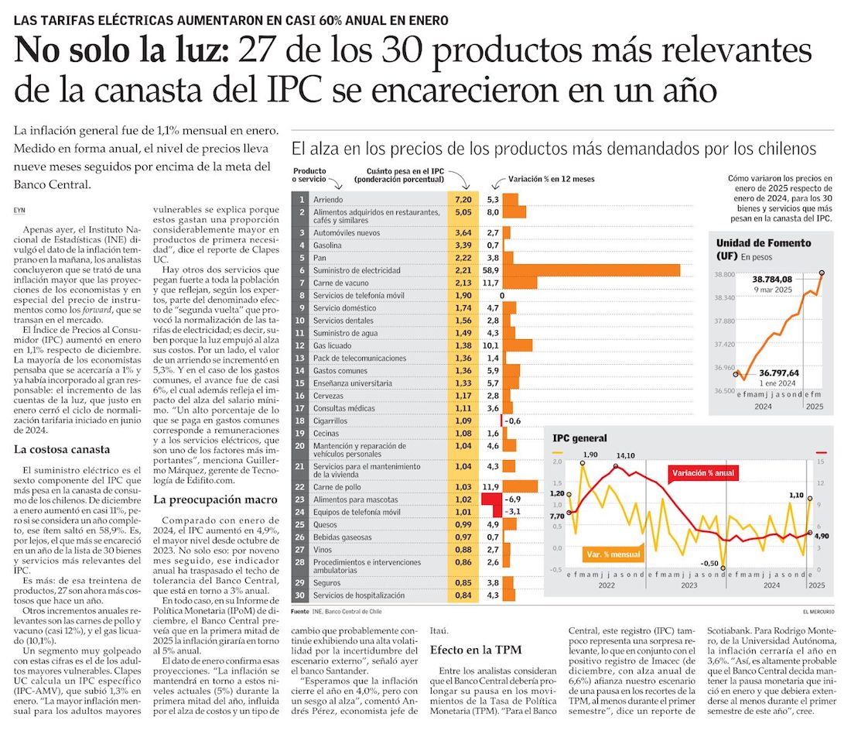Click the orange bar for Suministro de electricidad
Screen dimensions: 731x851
click(591, 270)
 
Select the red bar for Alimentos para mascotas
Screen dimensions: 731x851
click(492, 499)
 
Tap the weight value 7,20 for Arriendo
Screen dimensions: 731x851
click(463, 199)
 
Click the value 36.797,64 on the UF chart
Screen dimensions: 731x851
click(777, 372)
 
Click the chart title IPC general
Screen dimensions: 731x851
click(579, 438)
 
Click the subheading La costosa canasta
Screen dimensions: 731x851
click(63, 449)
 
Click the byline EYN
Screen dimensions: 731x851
click(20, 210)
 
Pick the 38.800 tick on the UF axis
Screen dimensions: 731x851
click(724, 274)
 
